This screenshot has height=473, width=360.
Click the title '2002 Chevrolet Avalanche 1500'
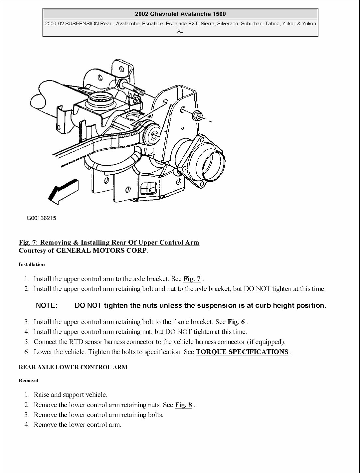pos(180,14)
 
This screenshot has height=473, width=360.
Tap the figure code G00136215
pos(41,218)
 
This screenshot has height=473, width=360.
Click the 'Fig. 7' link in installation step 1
pos(192,279)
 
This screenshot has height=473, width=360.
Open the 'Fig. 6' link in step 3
pos(236,322)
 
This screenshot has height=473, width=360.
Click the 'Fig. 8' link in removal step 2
pos(184,405)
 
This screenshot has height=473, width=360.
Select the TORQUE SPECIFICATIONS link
pos(242,352)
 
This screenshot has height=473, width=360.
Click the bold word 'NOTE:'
pos(47,305)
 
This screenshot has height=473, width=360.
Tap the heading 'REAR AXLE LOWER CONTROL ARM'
pos(73,367)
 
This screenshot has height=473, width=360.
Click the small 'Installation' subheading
pos(32,264)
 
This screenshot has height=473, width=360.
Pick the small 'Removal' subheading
pos(29,381)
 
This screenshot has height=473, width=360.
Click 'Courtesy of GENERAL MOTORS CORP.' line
pos(83,250)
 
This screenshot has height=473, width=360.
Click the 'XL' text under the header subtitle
pos(180,31)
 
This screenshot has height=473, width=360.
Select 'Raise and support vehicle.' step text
pos(71,395)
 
